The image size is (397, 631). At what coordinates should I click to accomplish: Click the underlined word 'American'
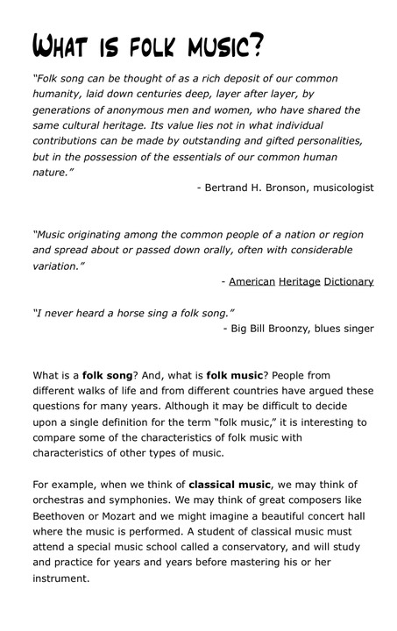coord(252,281)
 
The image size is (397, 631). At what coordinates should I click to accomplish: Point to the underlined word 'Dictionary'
coord(349,281)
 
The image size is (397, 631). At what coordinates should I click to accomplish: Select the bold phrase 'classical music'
coord(229,485)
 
